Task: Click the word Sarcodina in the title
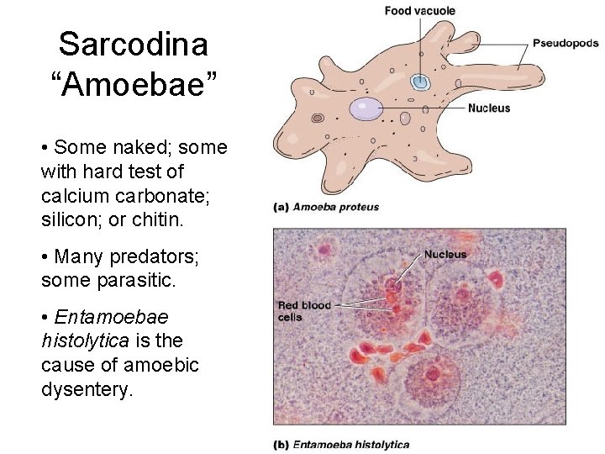click(134, 45)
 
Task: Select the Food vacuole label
click(420, 11)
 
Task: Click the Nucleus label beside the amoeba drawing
click(489, 108)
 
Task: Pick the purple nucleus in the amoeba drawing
click(366, 108)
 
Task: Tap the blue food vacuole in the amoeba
click(419, 82)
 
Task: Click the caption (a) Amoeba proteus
click(326, 207)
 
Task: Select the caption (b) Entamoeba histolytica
click(341, 444)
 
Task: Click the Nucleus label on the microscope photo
click(445, 254)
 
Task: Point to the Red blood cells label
click(304, 310)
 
